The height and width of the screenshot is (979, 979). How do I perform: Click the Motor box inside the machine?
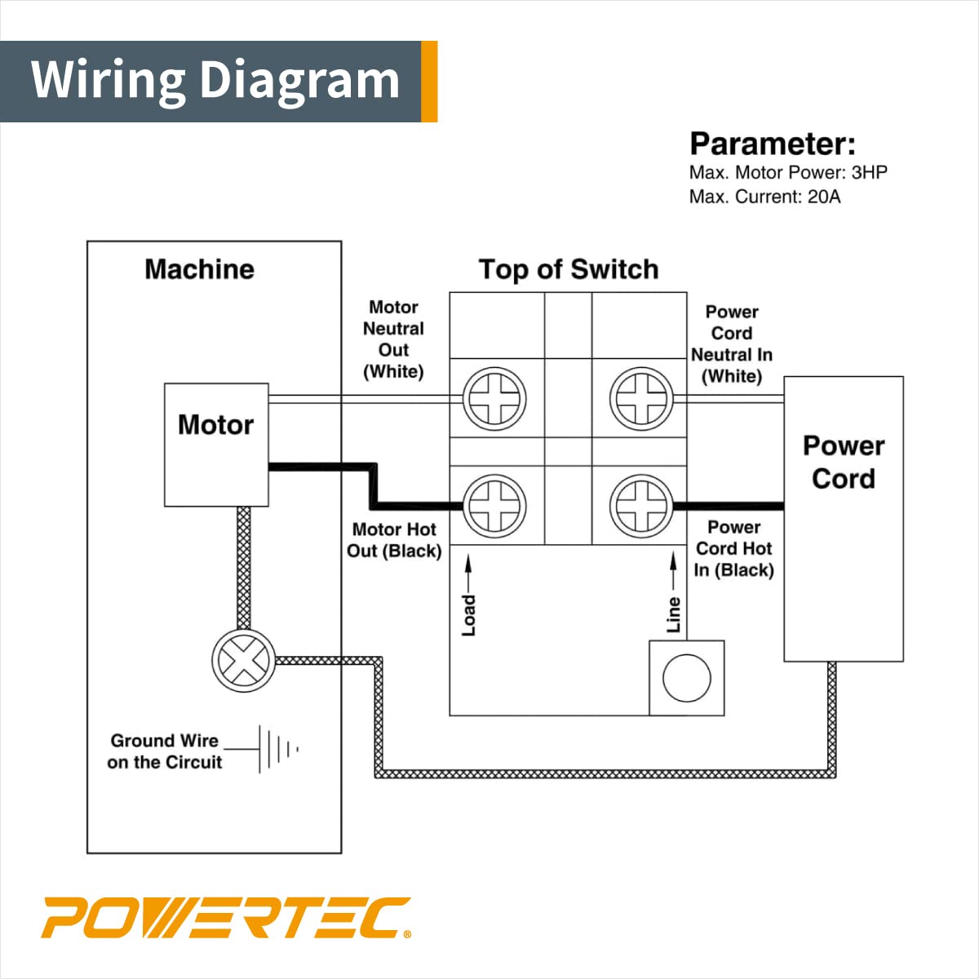click(216, 445)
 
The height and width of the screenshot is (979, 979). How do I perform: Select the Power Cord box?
click(843, 518)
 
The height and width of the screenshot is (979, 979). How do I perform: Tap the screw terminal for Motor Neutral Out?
click(494, 400)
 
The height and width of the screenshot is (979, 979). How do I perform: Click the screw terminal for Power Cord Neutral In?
click(641, 400)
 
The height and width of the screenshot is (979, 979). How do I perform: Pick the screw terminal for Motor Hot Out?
click(494, 506)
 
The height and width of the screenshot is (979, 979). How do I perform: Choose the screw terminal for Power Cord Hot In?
click(641, 506)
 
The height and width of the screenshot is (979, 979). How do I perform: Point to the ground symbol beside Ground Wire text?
click(277, 748)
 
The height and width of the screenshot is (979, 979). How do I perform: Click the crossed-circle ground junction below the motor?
click(243, 660)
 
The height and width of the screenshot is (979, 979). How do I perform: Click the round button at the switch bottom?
click(687, 678)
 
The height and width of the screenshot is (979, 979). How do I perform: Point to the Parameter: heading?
click(773, 144)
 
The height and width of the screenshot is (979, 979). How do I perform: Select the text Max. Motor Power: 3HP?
click(788, 172)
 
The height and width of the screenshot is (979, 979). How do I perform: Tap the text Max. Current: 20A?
click(764, 197)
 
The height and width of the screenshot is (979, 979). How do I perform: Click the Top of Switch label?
click(569, 269)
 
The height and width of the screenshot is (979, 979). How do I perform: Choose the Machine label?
click(200, 269)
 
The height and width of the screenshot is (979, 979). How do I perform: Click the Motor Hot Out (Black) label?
click(394, 540)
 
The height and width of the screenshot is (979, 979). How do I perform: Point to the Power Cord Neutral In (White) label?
click(732, 343)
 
